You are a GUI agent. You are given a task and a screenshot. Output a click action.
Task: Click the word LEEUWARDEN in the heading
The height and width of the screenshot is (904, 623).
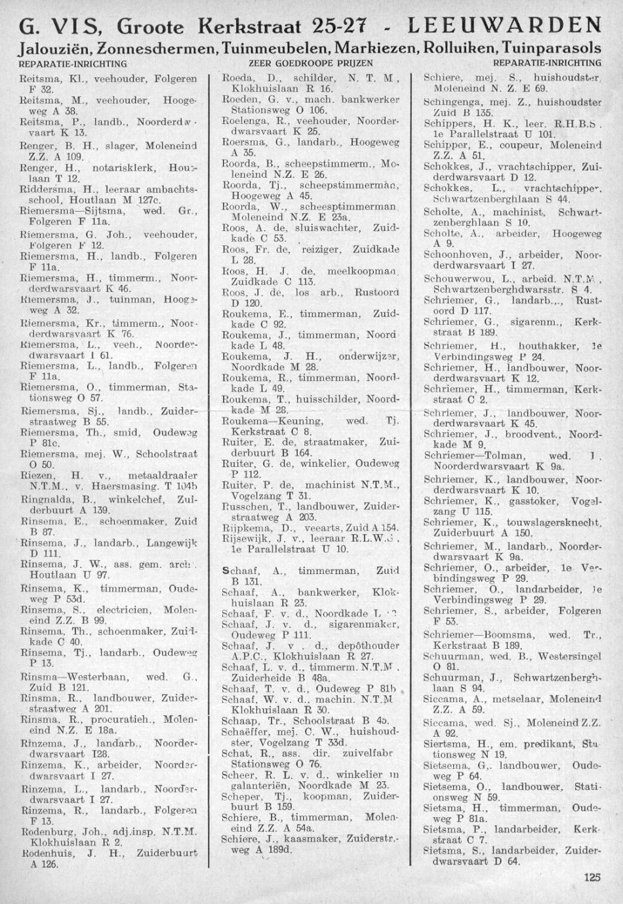point(504,26)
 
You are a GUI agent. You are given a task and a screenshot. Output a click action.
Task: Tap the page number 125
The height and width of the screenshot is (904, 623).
point(591,876)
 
